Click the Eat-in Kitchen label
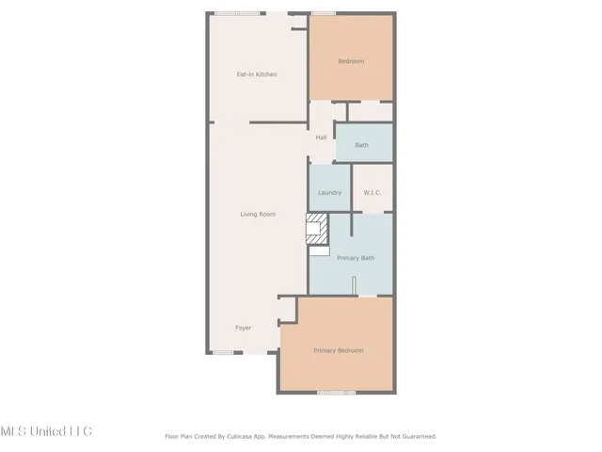256,74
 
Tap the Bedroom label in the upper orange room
351,61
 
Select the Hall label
321,138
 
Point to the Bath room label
361,145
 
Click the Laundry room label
329,193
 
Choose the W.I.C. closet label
372,193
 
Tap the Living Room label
258,215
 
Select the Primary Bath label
356,257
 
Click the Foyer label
243,328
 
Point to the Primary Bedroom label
338,350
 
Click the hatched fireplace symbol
317,228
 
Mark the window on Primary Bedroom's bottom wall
337,392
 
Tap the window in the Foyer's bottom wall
223,352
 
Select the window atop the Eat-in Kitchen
238,13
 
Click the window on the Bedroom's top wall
324,13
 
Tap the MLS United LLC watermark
46,431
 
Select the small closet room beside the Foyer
288,311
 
